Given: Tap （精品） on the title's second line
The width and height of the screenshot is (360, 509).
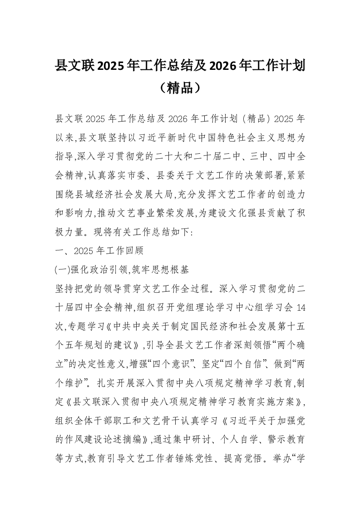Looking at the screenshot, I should [x=180, y=87].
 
